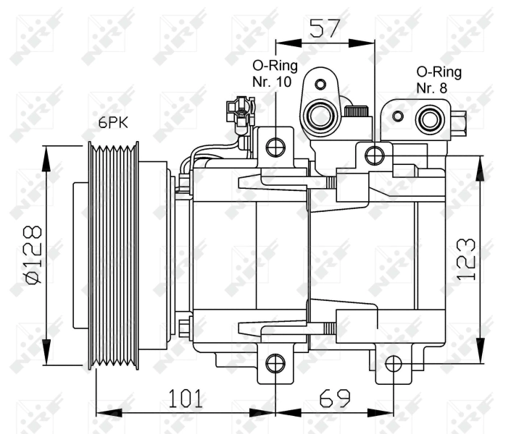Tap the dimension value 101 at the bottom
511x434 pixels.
coord(186,398)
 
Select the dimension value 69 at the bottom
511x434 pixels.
coord(333,398)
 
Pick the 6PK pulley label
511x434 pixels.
coord(113,123)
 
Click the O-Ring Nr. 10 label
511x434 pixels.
coord(272,73)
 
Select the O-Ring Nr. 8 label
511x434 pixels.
coord(439,80)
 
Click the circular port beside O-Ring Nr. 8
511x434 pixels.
coord(430,119)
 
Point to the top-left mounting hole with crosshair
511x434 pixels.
coord(275,148)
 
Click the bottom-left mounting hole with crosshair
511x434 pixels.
coord(275,363)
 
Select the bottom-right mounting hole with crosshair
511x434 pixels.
coord(393,363)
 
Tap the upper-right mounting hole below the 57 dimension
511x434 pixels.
coord(375,155)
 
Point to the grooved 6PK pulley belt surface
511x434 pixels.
coord(113,257)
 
